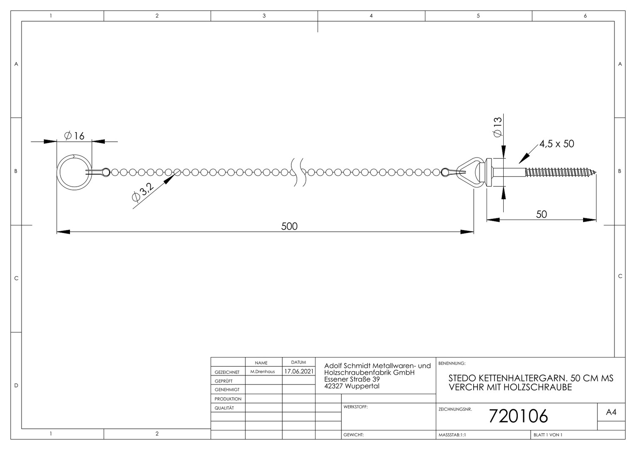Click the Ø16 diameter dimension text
click(75, 136)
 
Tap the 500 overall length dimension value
click(289, 226)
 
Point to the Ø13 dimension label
click(498, 127)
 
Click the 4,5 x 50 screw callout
click(556, 144)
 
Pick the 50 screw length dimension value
click(542, 214)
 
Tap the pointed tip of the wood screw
click(596, 172)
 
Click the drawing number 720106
click(518, 416)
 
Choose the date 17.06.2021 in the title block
click(299, 371)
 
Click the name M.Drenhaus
click(263, 372)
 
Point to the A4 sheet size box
click(611, 412)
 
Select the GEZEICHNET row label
click(227, 372)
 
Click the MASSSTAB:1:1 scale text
click(452, 435)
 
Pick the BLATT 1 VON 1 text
click(548, 435)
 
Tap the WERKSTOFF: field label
click(355, 407)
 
